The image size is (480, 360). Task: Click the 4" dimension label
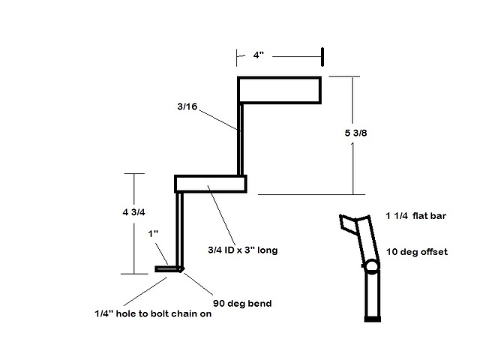[x=258, y=55]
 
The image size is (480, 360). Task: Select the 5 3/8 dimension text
[x=355, y=133]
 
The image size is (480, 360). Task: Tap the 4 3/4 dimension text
[x=133, y=211]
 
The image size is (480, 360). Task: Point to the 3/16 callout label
[x=187, y=106]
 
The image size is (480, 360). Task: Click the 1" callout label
[x=153, y=233]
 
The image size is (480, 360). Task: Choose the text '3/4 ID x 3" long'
[x=243, y=250]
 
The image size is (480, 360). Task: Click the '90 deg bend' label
[x=242, y=303]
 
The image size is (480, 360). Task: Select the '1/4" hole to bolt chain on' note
[x=153, y=313]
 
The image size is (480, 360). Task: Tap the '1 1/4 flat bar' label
[x=416, y=216]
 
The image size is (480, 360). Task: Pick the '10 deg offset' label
[x=417, y=252]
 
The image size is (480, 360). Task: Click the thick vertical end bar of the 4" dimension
[x=322, y=57]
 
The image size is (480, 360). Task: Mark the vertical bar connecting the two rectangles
[x=241, y=139]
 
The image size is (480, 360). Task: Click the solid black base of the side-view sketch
[x=373, y=319]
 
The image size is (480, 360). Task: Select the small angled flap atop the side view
[x=347, y=223]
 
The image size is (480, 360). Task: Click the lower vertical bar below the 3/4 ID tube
[x=180, y=230]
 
